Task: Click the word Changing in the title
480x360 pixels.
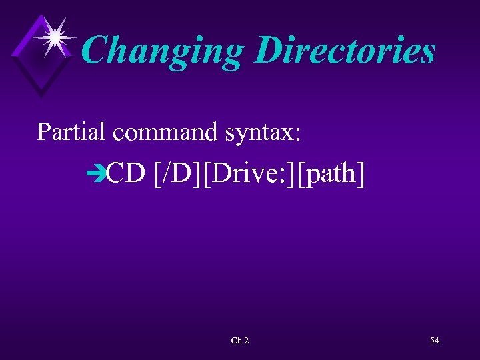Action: pos(163,51)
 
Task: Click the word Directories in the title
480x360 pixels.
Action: pos(345,51)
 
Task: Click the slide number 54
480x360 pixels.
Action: pos(435,341)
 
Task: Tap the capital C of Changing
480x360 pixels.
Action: pos(96,51)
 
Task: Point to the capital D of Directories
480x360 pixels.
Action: pos(269,51)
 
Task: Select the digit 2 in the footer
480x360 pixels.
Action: pos(246,341)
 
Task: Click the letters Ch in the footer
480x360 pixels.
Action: pos(236,341)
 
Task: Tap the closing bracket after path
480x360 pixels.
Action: pos(361,175)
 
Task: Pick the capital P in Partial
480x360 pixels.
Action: pos(44,131)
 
